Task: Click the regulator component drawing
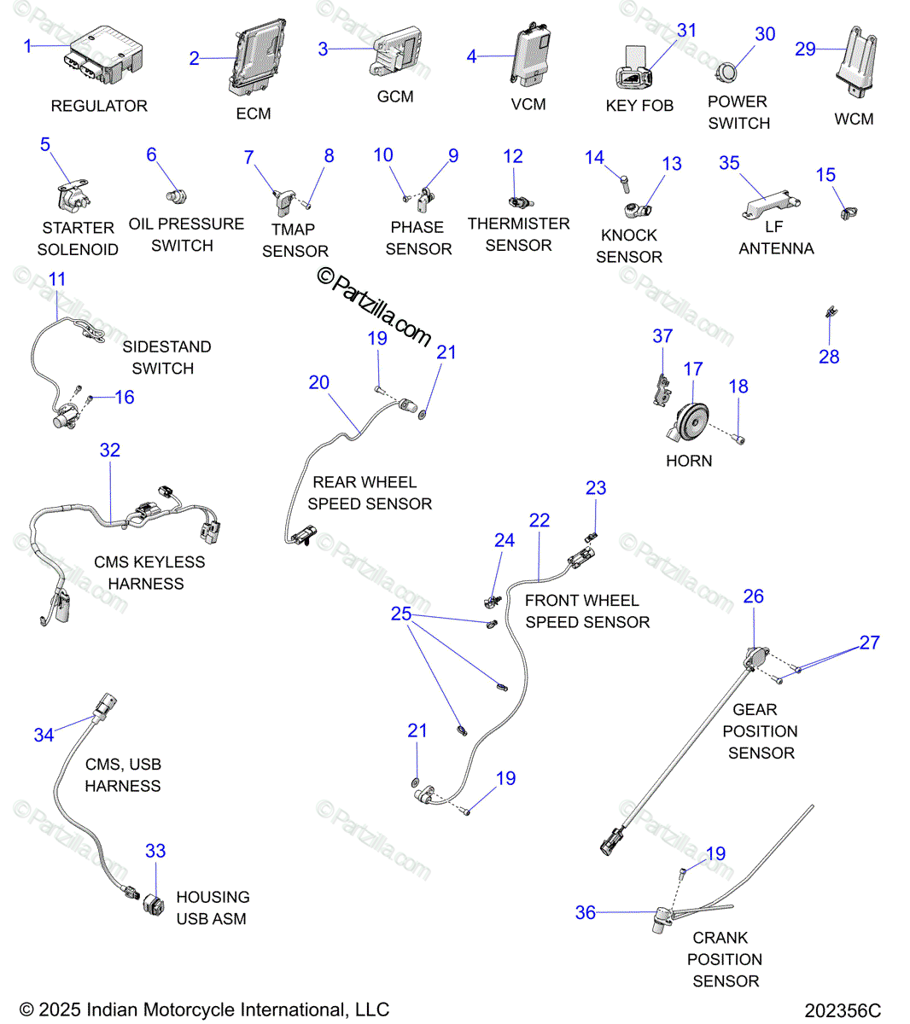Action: click(103, 55)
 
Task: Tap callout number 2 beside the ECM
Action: click(194, 58)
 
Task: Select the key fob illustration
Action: click(634, 68)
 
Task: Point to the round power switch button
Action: click(726, 73)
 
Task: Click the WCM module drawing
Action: click(857, 62)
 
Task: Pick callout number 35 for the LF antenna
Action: click(729, 163)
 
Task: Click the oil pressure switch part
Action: click(177, 196)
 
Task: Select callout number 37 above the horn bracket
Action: click(662, 336)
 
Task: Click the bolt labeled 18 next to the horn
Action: click(739, 439)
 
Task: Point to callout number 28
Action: click(829, 357)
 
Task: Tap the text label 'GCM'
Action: click(395, 96)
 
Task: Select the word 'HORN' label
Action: click(689, 461)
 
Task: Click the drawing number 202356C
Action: click(843, 1010)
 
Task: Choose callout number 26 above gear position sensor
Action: click(753, 596)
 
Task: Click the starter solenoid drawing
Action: click(73, 195)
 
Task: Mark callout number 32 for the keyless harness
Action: click(110, 450)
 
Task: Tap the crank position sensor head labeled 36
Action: click(662, 921)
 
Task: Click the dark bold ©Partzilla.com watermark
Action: click(374, 306)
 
